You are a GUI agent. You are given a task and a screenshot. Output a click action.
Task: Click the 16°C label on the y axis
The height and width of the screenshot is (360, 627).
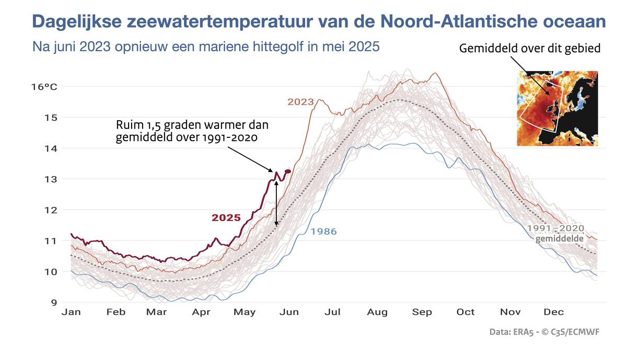click(44, 86)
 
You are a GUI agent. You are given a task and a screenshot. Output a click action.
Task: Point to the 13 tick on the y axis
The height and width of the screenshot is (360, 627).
click(51, 179)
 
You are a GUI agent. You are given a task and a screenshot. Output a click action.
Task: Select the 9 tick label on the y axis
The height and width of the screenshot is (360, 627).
click(53, 302)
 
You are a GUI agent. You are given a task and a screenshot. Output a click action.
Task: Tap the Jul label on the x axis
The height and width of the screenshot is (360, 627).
click(332, 312)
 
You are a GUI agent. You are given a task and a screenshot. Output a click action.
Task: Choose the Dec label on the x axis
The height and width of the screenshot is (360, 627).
click(554, 312)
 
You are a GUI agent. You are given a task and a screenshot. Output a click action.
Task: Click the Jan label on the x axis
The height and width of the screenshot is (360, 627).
click(71, 312)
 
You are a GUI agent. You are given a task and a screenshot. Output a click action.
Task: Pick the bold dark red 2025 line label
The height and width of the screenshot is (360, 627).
click(226, 218)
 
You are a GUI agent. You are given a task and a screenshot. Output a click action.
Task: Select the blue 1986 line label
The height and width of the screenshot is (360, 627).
click(324, 231)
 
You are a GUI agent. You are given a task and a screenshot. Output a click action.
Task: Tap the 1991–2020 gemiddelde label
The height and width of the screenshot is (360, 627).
click(555, 234)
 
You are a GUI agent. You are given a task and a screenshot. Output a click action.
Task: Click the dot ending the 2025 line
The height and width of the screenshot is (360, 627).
click(288, 171)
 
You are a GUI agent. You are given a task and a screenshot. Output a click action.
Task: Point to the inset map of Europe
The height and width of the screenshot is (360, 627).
click(558, 109)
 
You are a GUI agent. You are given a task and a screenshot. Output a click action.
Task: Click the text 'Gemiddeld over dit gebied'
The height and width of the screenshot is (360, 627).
click(530, 49)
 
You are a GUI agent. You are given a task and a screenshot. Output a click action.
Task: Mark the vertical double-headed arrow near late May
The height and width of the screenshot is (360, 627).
click(276, 203)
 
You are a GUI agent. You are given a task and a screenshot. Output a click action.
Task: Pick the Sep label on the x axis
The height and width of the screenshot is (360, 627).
click(422, 312)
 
